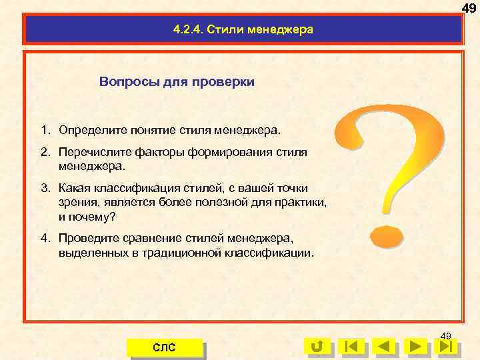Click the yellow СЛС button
click(164, 347)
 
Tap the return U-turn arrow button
click(317, 347)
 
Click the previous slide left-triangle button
click(383, 347)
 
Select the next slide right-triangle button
click(417, 347)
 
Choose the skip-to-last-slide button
click(449, 347)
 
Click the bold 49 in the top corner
click(469, 7)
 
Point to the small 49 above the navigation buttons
click(446, 335)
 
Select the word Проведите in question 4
click(86, 238)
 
